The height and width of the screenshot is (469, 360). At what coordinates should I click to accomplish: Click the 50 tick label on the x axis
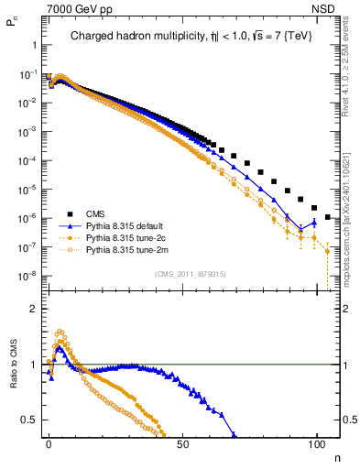182,444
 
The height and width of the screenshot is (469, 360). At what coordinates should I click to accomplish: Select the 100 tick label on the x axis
316,444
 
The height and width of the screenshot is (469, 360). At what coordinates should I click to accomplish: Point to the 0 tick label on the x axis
49,444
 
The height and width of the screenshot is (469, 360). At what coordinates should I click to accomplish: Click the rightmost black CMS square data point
328,219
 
